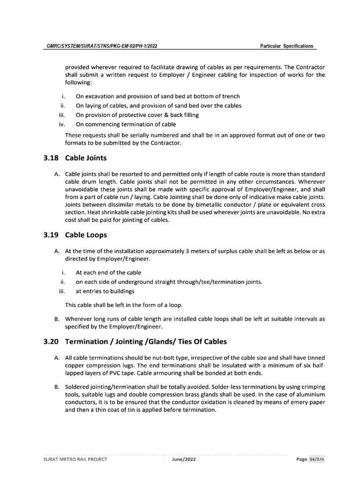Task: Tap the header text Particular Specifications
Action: (286, 46)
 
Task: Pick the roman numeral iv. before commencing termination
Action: (61, 124)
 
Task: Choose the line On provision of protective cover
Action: (137, 115)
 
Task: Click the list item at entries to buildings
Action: (101, 291)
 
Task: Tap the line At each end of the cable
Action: (108, 272)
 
